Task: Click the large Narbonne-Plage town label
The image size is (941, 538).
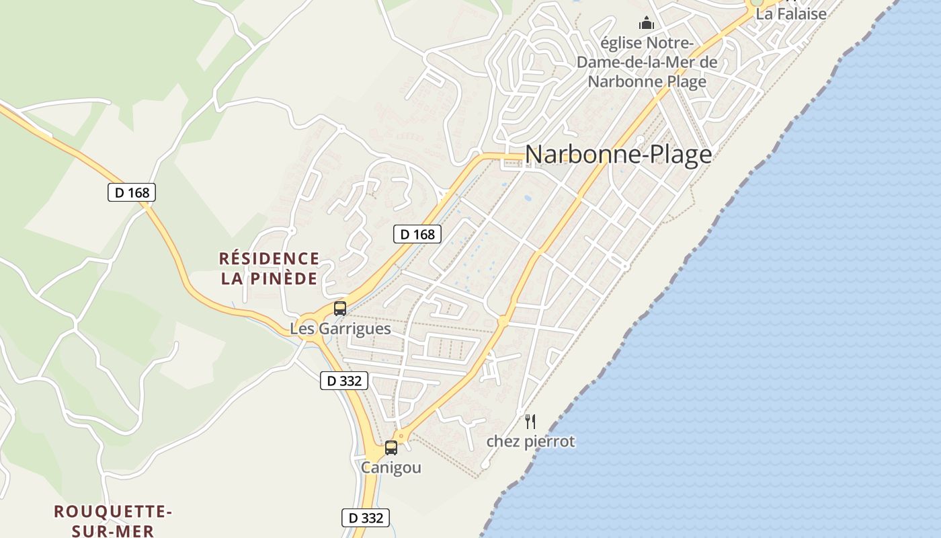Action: click(x=618, y=155)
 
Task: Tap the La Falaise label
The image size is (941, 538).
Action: click(x=791, y=13)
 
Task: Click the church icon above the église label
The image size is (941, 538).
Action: click(x=647, y=24)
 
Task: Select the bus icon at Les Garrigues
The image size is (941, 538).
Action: click(x=340, y=309)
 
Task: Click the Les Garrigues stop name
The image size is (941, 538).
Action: click(x=340, y=329)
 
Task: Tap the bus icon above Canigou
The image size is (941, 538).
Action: click(x=391, y=448)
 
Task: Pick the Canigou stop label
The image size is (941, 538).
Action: click(x=391, y=467)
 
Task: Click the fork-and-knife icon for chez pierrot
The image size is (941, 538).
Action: click(x=530, y=422)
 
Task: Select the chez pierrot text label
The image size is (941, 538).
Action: click(x=530, y=442)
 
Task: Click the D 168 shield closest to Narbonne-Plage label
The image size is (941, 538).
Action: click(x=417, y=234)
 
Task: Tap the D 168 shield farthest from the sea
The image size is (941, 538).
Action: click(x=132, y=192)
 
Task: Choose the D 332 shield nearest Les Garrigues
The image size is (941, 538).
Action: click(x=344, y=381)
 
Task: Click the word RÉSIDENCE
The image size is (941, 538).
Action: click(x=269, y=258)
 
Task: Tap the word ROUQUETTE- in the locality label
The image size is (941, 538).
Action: click(x=113, y=512)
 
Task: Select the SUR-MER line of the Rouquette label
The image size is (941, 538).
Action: click(x=113, y=531)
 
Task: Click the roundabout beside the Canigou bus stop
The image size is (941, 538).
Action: click(x=401, y=435)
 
